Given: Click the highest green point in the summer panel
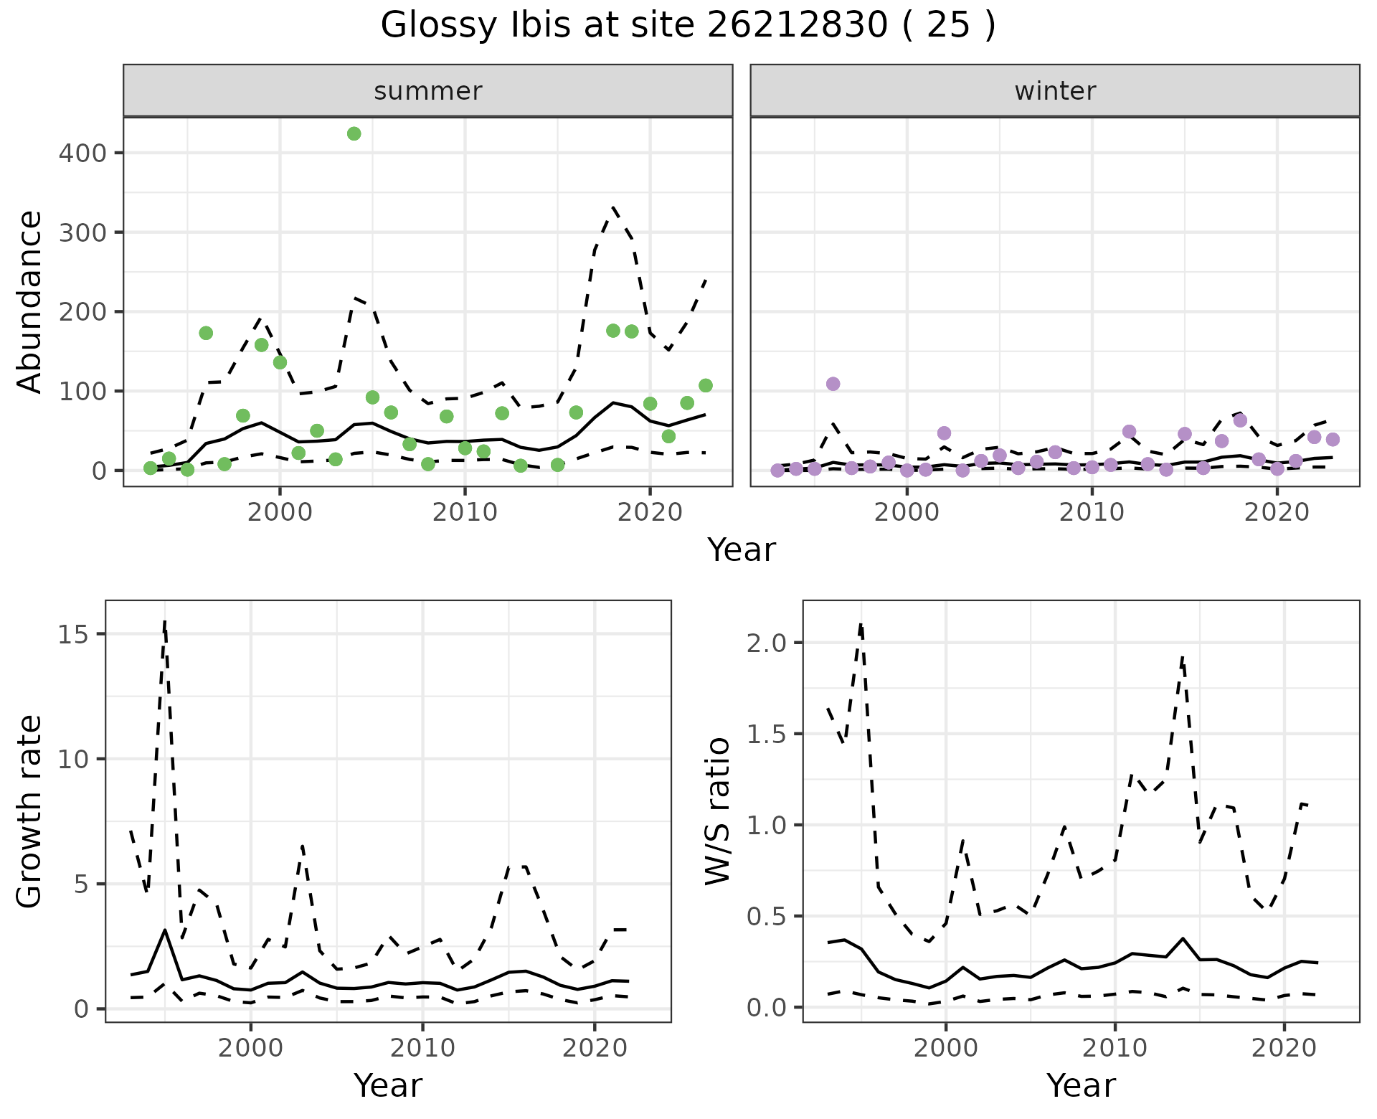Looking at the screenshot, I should tap(354, 134).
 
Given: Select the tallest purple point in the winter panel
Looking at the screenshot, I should tap(833, 384).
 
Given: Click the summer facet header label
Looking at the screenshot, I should tap(428, 91).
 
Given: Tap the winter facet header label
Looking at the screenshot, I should tap(1055, 91).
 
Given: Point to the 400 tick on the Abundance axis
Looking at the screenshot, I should tap(82, 154).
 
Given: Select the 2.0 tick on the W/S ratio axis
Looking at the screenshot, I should tap(766, 643).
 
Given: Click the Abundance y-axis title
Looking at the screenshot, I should tap(30, 301).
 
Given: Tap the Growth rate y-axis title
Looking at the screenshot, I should tap(30, 811).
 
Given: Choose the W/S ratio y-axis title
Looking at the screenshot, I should tap(718, 811).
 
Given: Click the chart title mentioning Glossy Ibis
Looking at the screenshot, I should tap(688, 26).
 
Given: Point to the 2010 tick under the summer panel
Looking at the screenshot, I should tap(465, 512).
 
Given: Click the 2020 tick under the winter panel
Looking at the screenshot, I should tap(1277, 512).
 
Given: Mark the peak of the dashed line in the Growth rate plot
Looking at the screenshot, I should tap(165, 621).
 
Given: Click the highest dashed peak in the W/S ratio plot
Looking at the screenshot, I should tap(861, 624).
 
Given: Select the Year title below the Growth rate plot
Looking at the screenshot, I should tap(388, 1085).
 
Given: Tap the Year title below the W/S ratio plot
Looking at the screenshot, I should tap(1081, 1085).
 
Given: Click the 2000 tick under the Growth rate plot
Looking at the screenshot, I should tap(250, 1048).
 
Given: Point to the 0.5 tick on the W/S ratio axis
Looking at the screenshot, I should tap(766, 917).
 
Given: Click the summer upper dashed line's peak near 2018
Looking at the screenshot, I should tap(614, 208).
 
